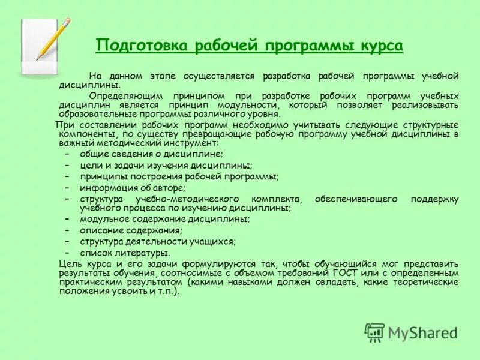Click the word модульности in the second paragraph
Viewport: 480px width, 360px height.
pos(257,105)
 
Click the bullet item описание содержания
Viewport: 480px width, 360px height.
pos(131,230)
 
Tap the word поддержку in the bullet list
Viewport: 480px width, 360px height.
pos(434,198)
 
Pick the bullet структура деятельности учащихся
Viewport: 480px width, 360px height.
pos(157,241)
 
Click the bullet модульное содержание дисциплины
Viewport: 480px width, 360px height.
pos(164,220)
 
